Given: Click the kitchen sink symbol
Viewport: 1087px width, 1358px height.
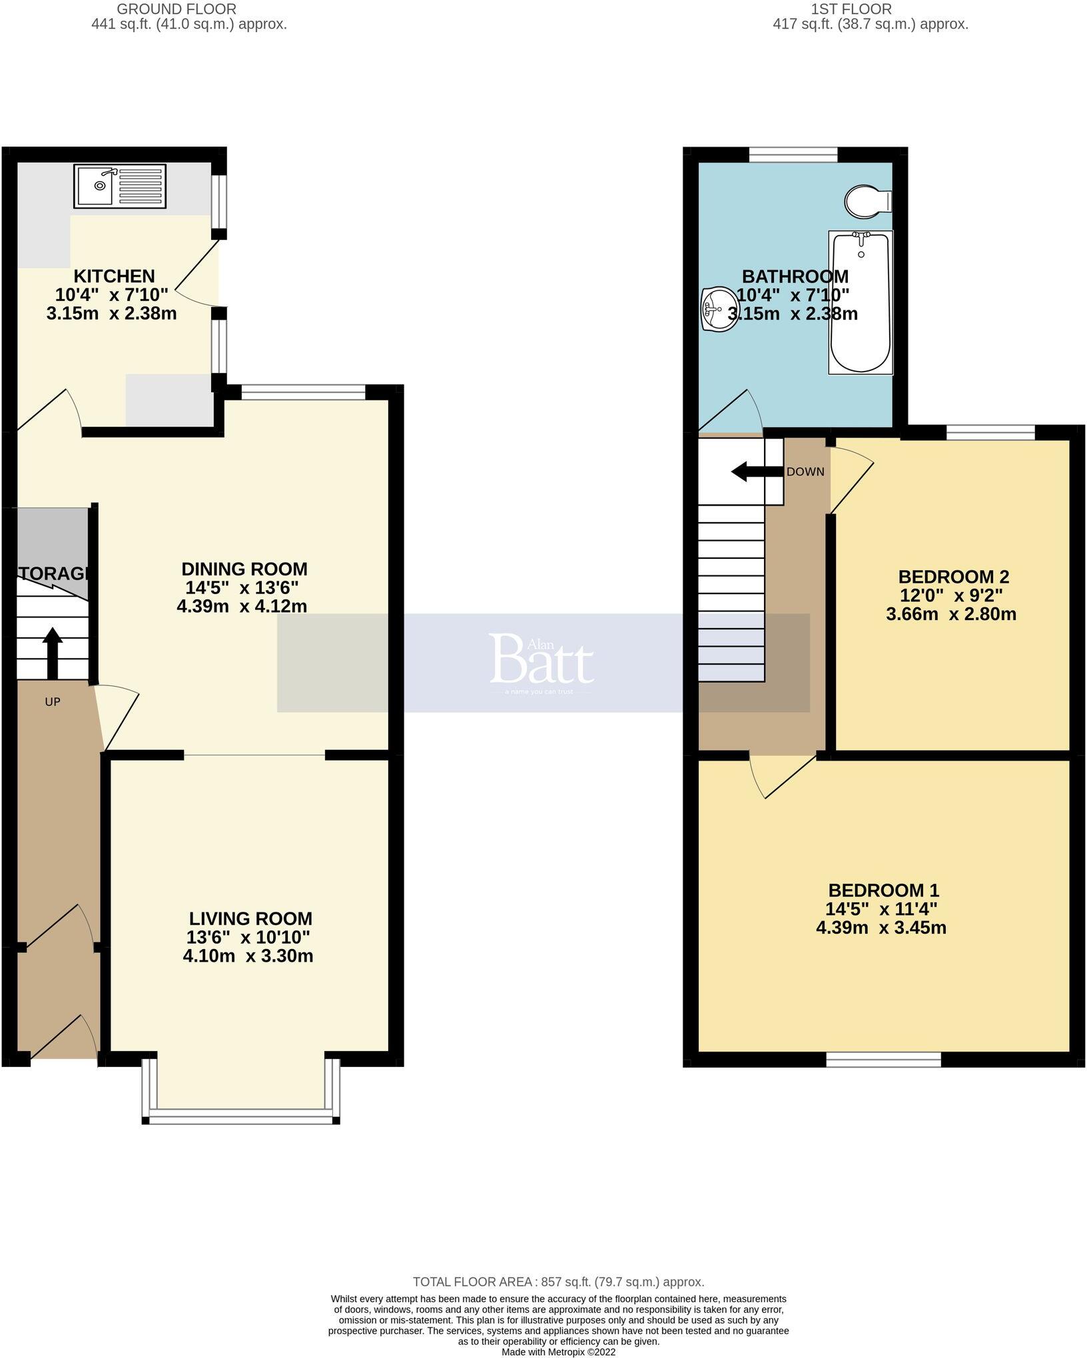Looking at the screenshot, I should (120, 186).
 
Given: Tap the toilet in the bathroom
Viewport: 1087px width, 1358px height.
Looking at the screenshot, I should (867, 200).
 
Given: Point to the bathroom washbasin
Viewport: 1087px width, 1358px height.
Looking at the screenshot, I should (716, 308).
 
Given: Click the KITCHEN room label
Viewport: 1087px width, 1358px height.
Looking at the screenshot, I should (114, 276).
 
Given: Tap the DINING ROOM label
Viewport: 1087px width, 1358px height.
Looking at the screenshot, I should (244, 569).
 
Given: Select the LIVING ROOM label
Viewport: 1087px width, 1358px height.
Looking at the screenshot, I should (250, 918).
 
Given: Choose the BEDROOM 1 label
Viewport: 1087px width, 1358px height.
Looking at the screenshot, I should (883, 890).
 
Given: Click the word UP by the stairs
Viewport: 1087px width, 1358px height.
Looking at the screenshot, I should (53, 701).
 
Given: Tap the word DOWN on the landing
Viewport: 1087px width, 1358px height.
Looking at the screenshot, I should (805, 472).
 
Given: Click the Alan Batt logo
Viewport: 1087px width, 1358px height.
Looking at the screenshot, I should (542, 659).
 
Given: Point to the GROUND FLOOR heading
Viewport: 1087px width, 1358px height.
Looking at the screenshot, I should (176, 9).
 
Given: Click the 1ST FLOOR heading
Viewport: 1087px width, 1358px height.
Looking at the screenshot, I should (851, 9).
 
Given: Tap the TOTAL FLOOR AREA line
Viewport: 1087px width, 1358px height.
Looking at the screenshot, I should (558, 1282).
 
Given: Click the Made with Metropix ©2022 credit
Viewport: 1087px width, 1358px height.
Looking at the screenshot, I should (558, 1353).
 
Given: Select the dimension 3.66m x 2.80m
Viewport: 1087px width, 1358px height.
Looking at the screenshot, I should (951, 614).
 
